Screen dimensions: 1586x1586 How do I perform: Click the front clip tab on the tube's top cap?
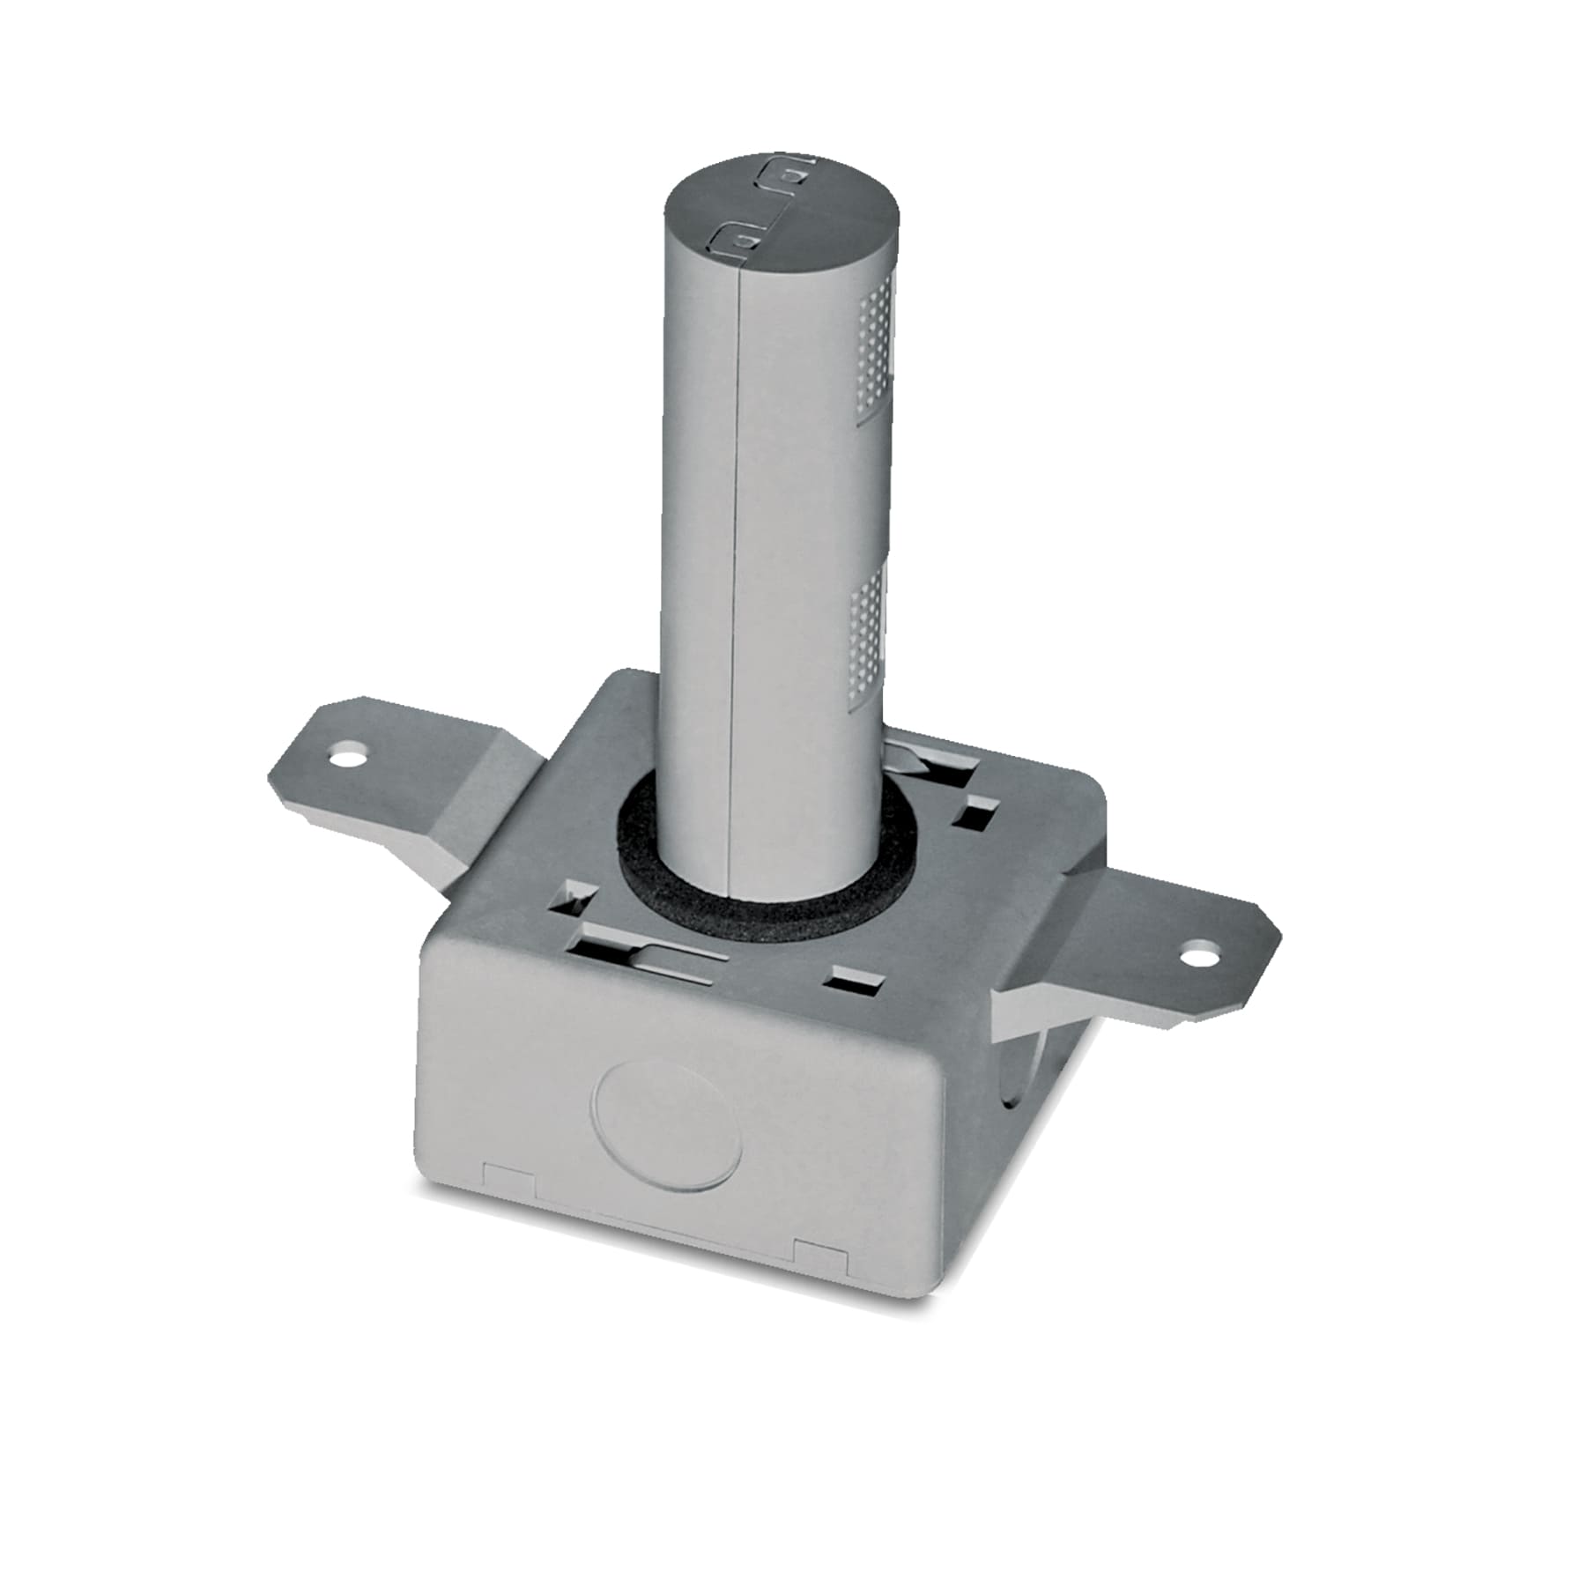[737, 236]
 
